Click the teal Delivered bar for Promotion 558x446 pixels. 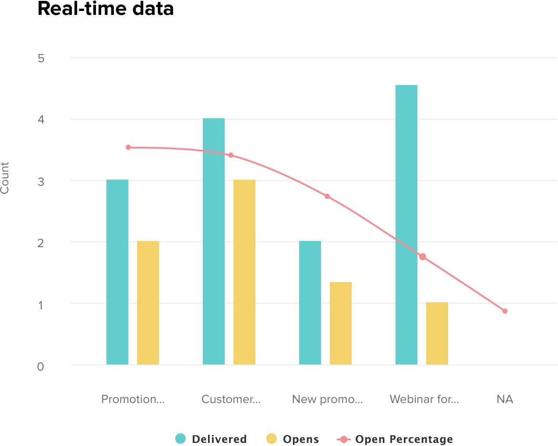coord(117,272)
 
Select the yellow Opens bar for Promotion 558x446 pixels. coord(148,303)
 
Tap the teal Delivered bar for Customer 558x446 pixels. coord(214,241)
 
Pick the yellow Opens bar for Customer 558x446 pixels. coord(244,272)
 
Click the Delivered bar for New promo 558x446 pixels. coord(310,303)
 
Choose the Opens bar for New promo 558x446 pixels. coord(341,323)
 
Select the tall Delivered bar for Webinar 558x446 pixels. coord(406,225)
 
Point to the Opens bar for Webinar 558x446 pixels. coord(437,333)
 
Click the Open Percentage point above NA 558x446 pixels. coord(505,311)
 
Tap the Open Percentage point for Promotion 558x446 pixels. coord(128,147)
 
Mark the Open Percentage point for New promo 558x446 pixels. coord(327,196)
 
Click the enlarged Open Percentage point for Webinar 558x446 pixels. coord(423,257)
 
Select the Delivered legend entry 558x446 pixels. coord(212,439)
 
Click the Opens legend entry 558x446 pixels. coord(293,439)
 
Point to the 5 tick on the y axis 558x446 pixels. coord(41,58)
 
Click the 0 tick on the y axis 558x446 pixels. coord(41,367)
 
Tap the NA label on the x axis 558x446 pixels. coord(505,399)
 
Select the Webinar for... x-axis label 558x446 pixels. coord(424,399)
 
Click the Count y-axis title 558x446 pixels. coord(5,178)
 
